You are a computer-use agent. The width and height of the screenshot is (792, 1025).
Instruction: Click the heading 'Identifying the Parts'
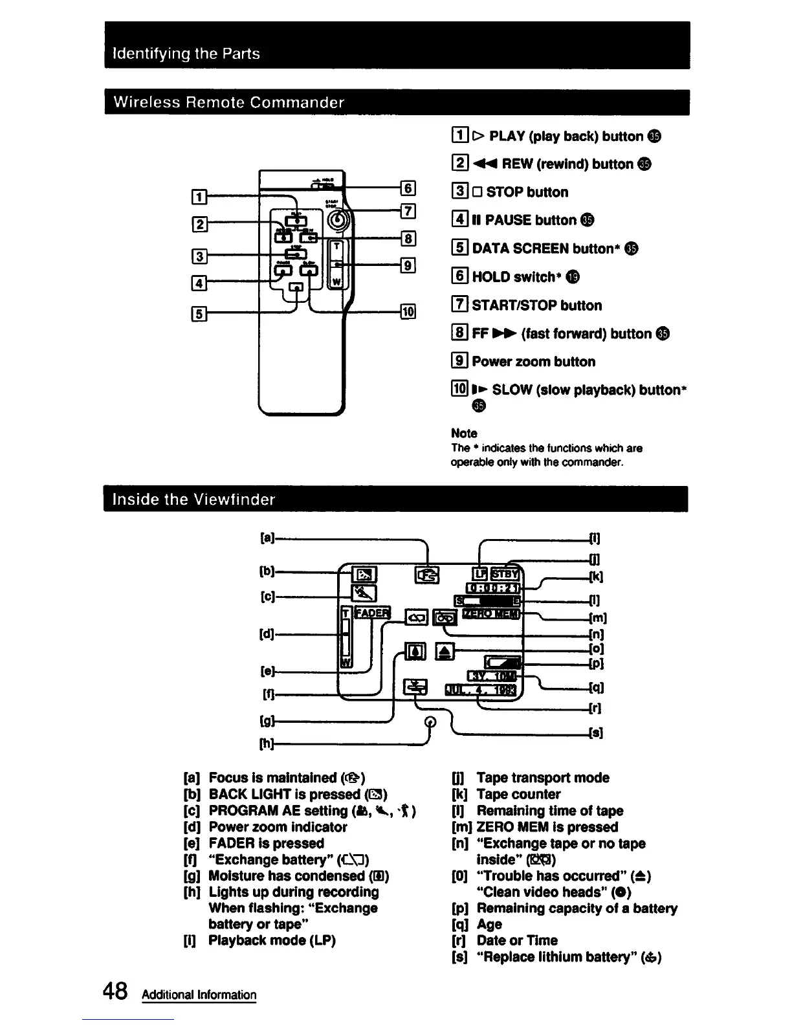tap(186, 53)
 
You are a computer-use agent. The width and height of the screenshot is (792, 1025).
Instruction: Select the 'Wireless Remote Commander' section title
tap(228, 102)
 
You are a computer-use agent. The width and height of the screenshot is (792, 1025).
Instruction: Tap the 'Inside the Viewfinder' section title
tap(194, 499)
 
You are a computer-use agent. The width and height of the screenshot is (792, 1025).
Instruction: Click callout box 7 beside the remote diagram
tap(408, 211)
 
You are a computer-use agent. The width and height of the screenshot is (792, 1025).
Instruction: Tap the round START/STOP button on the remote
tap(338, 222)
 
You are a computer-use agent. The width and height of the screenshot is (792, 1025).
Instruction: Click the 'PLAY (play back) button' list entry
tap(556, 136)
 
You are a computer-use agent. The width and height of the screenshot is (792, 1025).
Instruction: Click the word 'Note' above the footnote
tap(464, 433)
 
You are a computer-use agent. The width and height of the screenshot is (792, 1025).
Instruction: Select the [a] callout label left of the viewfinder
tap(265, 538)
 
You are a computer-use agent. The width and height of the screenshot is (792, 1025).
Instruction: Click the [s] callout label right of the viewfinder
tap(595, 733)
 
